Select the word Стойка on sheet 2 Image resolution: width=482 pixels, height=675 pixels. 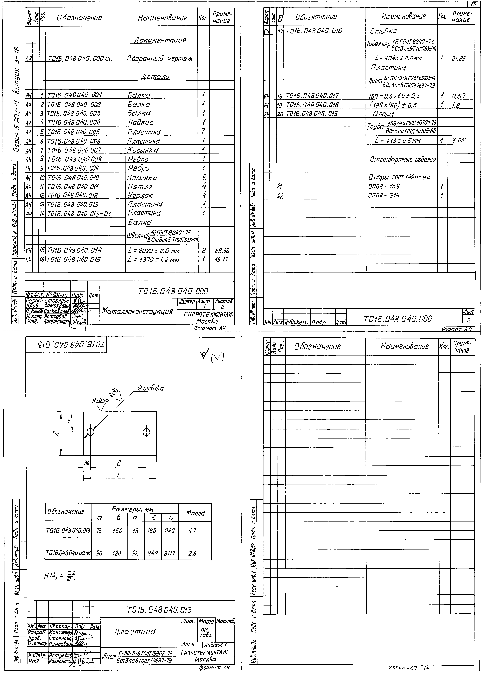(x=383, y=31)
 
